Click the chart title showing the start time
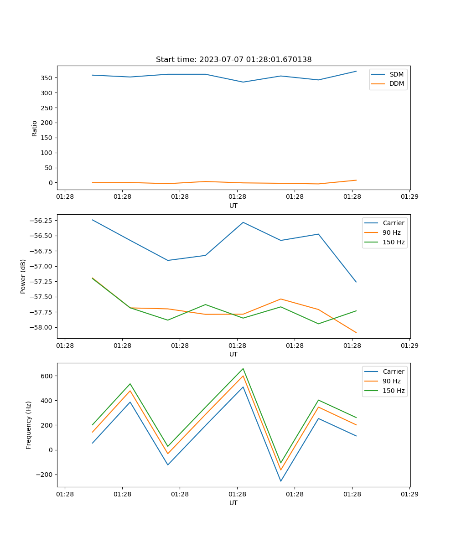click(233, 60)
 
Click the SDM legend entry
click(396, 74)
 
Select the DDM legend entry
click(396, 83)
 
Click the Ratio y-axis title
click(35, 128)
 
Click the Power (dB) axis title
click(23, 276)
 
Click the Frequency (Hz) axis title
click(29, 425)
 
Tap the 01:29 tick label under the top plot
click(409, 197)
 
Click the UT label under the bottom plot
click(233, 503)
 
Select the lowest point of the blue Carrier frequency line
click(281, 481)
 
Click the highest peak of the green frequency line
click(243, 368)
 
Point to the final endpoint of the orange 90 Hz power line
click(356, 333)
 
